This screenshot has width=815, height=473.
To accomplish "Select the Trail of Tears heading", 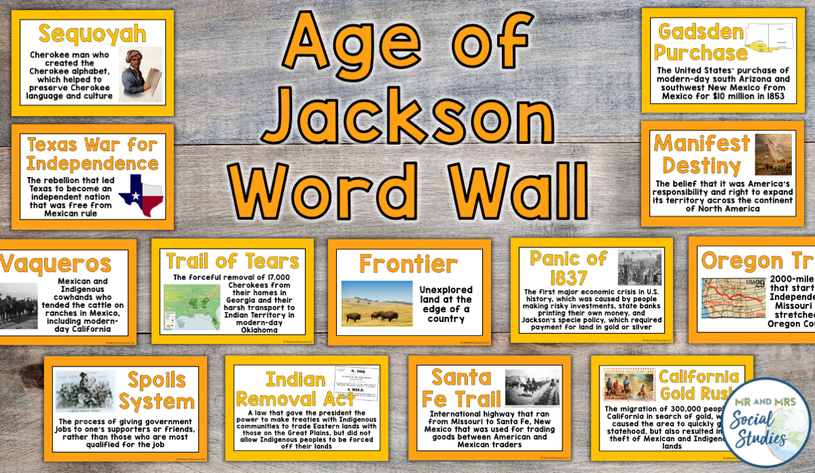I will (232, 261).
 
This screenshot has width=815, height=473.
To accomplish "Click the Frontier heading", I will (408, 263).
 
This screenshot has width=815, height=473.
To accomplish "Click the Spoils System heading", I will (157, 390).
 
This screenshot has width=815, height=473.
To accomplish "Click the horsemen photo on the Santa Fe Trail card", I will (532, 388).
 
